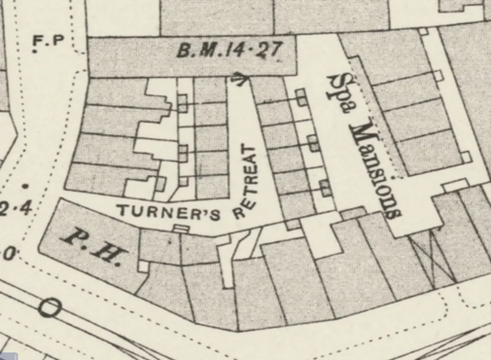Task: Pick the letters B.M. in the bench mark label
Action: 192,49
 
